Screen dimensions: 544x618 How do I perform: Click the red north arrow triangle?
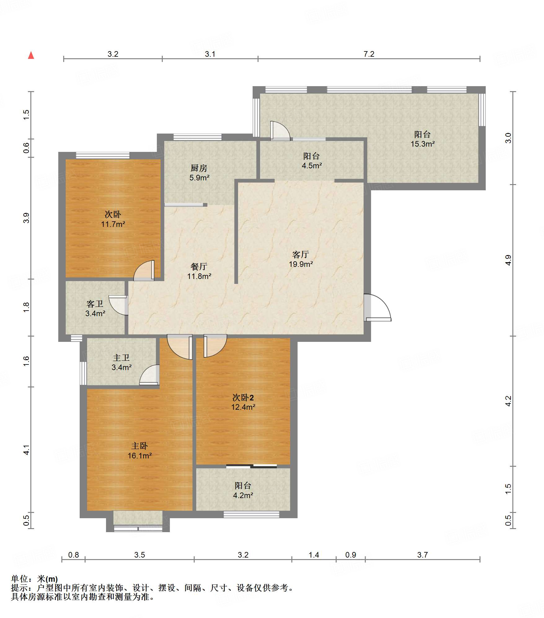coord(31,55)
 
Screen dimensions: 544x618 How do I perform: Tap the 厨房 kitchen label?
coord(199,168)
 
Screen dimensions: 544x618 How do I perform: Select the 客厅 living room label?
coord(301,255)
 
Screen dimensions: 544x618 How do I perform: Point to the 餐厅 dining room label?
coord(199,267)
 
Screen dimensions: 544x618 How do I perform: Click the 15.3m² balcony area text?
coord(422,144)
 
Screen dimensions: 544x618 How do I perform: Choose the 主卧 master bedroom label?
coord(139,446)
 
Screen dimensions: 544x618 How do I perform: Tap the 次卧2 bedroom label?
coord(243,398)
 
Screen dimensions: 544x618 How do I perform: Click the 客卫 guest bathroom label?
coord(95,304)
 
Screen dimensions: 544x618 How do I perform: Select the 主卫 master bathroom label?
coord(121,358)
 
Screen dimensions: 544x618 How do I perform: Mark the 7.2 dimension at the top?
coord(369,54)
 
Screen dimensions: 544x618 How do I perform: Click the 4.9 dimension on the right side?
coord(508,260)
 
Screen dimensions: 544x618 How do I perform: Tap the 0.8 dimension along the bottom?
coord(73,555)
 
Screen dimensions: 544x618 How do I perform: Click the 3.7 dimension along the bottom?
coord(422,555)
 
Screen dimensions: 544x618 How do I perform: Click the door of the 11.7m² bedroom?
coord(144,271)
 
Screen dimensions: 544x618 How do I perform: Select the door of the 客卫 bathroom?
coord(118,305)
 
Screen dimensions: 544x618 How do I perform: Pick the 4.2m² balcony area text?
coord(243,496)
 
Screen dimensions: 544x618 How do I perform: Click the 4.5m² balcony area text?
coord(312,166)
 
